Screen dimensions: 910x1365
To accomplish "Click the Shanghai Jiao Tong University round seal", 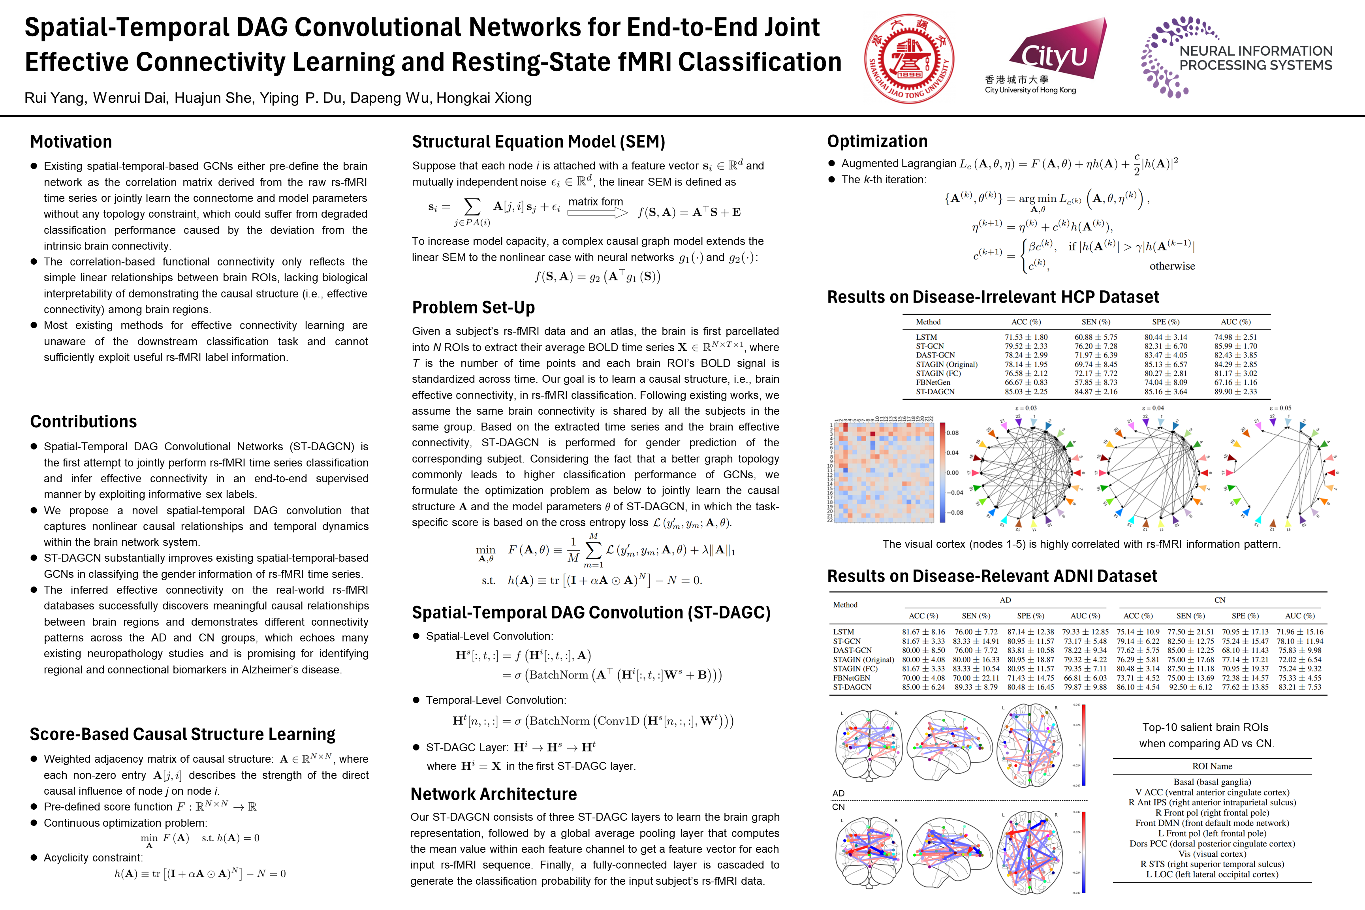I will pyautogui.click(x=909, y=58).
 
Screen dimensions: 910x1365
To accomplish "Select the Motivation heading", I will pyautogui.click(x=71, y=142).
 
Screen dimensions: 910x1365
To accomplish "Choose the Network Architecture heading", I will pyautogui.click(x=493, y=793).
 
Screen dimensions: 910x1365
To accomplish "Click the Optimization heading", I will pyautogui.click(x=877, y=141).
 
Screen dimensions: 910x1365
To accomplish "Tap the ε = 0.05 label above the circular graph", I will pyautogui.click(x=1280, y=408).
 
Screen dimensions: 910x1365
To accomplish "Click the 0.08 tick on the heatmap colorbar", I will pyautogui.click(x=952, y=433).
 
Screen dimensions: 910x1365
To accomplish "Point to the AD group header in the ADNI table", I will pyautogui.click(x=1005, y=600).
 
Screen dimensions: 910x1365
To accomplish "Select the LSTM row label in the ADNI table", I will pyautogui.click(x=843, y=632).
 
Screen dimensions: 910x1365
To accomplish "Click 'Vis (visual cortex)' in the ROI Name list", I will pyautogui.click(x=1212, y=854).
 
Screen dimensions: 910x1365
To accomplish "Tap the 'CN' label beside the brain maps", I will pyautogui.click(x=838, y=807).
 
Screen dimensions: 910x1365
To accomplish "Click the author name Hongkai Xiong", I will pyautogui.click(x=483, y=98).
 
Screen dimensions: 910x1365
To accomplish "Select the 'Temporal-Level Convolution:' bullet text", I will pyautogui.click(x=496, y=700).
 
